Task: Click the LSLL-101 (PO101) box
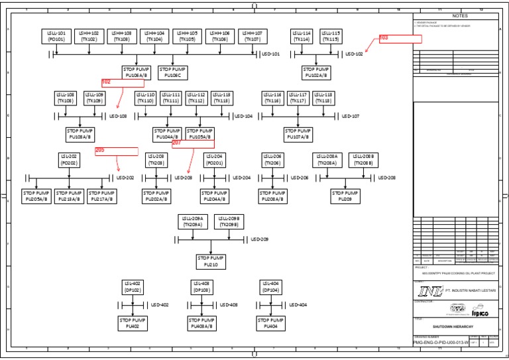56,36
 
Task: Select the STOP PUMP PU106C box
173,72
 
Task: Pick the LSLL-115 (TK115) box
331,36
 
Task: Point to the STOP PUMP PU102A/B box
316,72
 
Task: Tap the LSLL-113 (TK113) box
221,98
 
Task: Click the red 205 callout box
116,150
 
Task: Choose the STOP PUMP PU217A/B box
101,196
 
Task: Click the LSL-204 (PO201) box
215,159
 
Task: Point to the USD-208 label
387,178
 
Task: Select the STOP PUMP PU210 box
211,261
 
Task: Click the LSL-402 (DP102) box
133,286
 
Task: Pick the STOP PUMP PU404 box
270,323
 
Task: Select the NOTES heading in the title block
459,16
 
